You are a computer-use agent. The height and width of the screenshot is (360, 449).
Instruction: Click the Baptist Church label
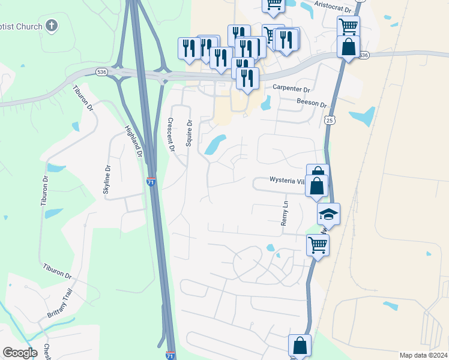(21, 26)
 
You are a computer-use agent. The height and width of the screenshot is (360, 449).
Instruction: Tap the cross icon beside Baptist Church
(52, 26)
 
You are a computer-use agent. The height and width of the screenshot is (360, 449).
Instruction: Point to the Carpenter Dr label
(291, 88)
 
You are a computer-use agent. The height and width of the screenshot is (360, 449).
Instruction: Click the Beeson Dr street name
(312, 103)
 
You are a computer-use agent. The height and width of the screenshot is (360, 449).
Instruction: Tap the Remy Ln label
(285, 213)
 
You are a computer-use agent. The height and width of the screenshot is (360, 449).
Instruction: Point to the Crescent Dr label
(170, 133)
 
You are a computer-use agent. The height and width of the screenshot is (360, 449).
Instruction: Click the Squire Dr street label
(189, 134)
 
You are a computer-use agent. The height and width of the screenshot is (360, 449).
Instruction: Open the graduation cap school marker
(328, 213)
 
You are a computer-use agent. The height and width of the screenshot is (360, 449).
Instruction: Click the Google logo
(20, 353)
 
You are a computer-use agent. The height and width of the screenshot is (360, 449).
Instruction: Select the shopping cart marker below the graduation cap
(318, 244)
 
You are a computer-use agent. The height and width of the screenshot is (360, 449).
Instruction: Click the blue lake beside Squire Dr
(214, 144)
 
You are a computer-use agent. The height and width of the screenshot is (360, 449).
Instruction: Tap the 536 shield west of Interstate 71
(101, 72)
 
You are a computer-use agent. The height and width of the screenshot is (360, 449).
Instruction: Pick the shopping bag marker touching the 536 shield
(348, 47)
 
